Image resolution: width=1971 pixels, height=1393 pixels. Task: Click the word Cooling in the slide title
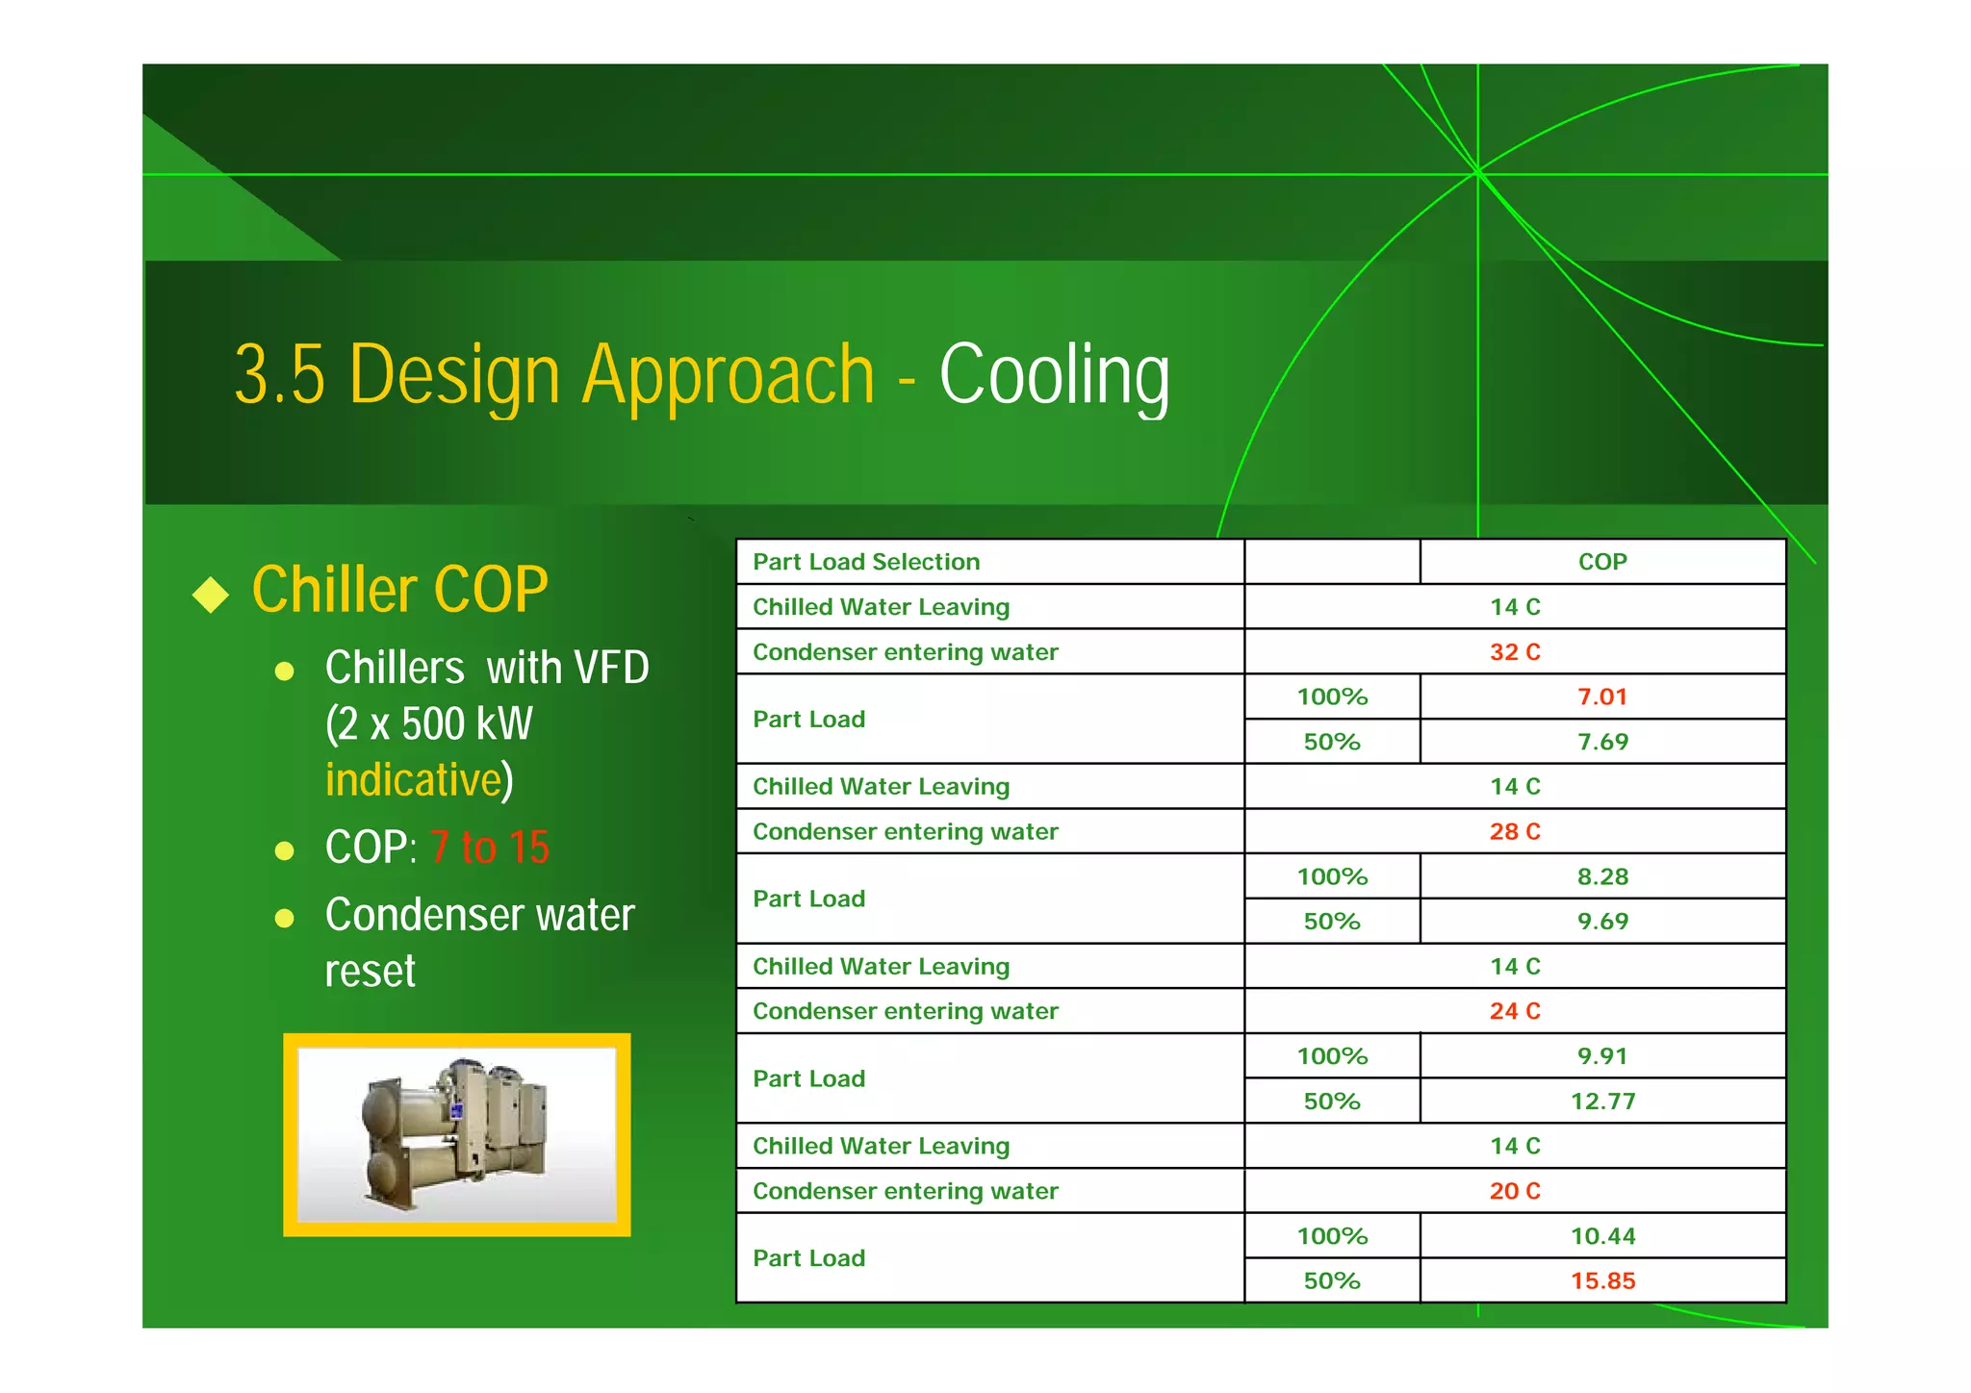tap(1054, 375)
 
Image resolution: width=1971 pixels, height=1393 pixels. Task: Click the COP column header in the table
tap(1601, 562)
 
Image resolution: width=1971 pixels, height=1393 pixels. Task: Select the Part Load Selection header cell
tap(866, 562)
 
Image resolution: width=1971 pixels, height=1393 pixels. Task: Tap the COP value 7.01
tap(1601, 696)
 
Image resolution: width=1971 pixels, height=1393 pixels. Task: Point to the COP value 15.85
tap(1602, 1280)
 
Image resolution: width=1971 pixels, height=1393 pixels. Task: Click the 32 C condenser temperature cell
tap(1515, 652)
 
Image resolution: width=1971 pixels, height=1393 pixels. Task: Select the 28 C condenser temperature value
tap(1515, 831)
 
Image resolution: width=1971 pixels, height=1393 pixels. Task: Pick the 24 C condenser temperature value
tap(1515, 1011)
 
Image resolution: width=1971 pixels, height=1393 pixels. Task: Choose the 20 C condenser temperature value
tap(1515, 1191)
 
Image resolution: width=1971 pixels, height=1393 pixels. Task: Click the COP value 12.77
tap(1602, 1101)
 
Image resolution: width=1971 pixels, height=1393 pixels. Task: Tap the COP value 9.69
tap(1602, 921)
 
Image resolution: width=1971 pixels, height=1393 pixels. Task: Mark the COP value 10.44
tap(1602, 1236)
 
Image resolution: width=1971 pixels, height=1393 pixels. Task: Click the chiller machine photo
tap(456, 1134)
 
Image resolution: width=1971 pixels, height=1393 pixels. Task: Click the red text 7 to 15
tap(489, 848)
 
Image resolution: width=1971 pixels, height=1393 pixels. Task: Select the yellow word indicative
tap(414, 779)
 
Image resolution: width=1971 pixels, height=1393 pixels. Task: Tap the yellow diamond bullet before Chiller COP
tap(211, 594)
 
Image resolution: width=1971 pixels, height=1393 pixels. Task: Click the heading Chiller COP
tap(399, 590)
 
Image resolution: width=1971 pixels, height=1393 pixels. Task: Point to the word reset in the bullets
tap(370, 971)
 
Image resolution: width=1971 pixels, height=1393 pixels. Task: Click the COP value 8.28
tap(1602, 876)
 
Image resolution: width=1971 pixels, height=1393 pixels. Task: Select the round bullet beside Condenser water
tap(284, 918)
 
